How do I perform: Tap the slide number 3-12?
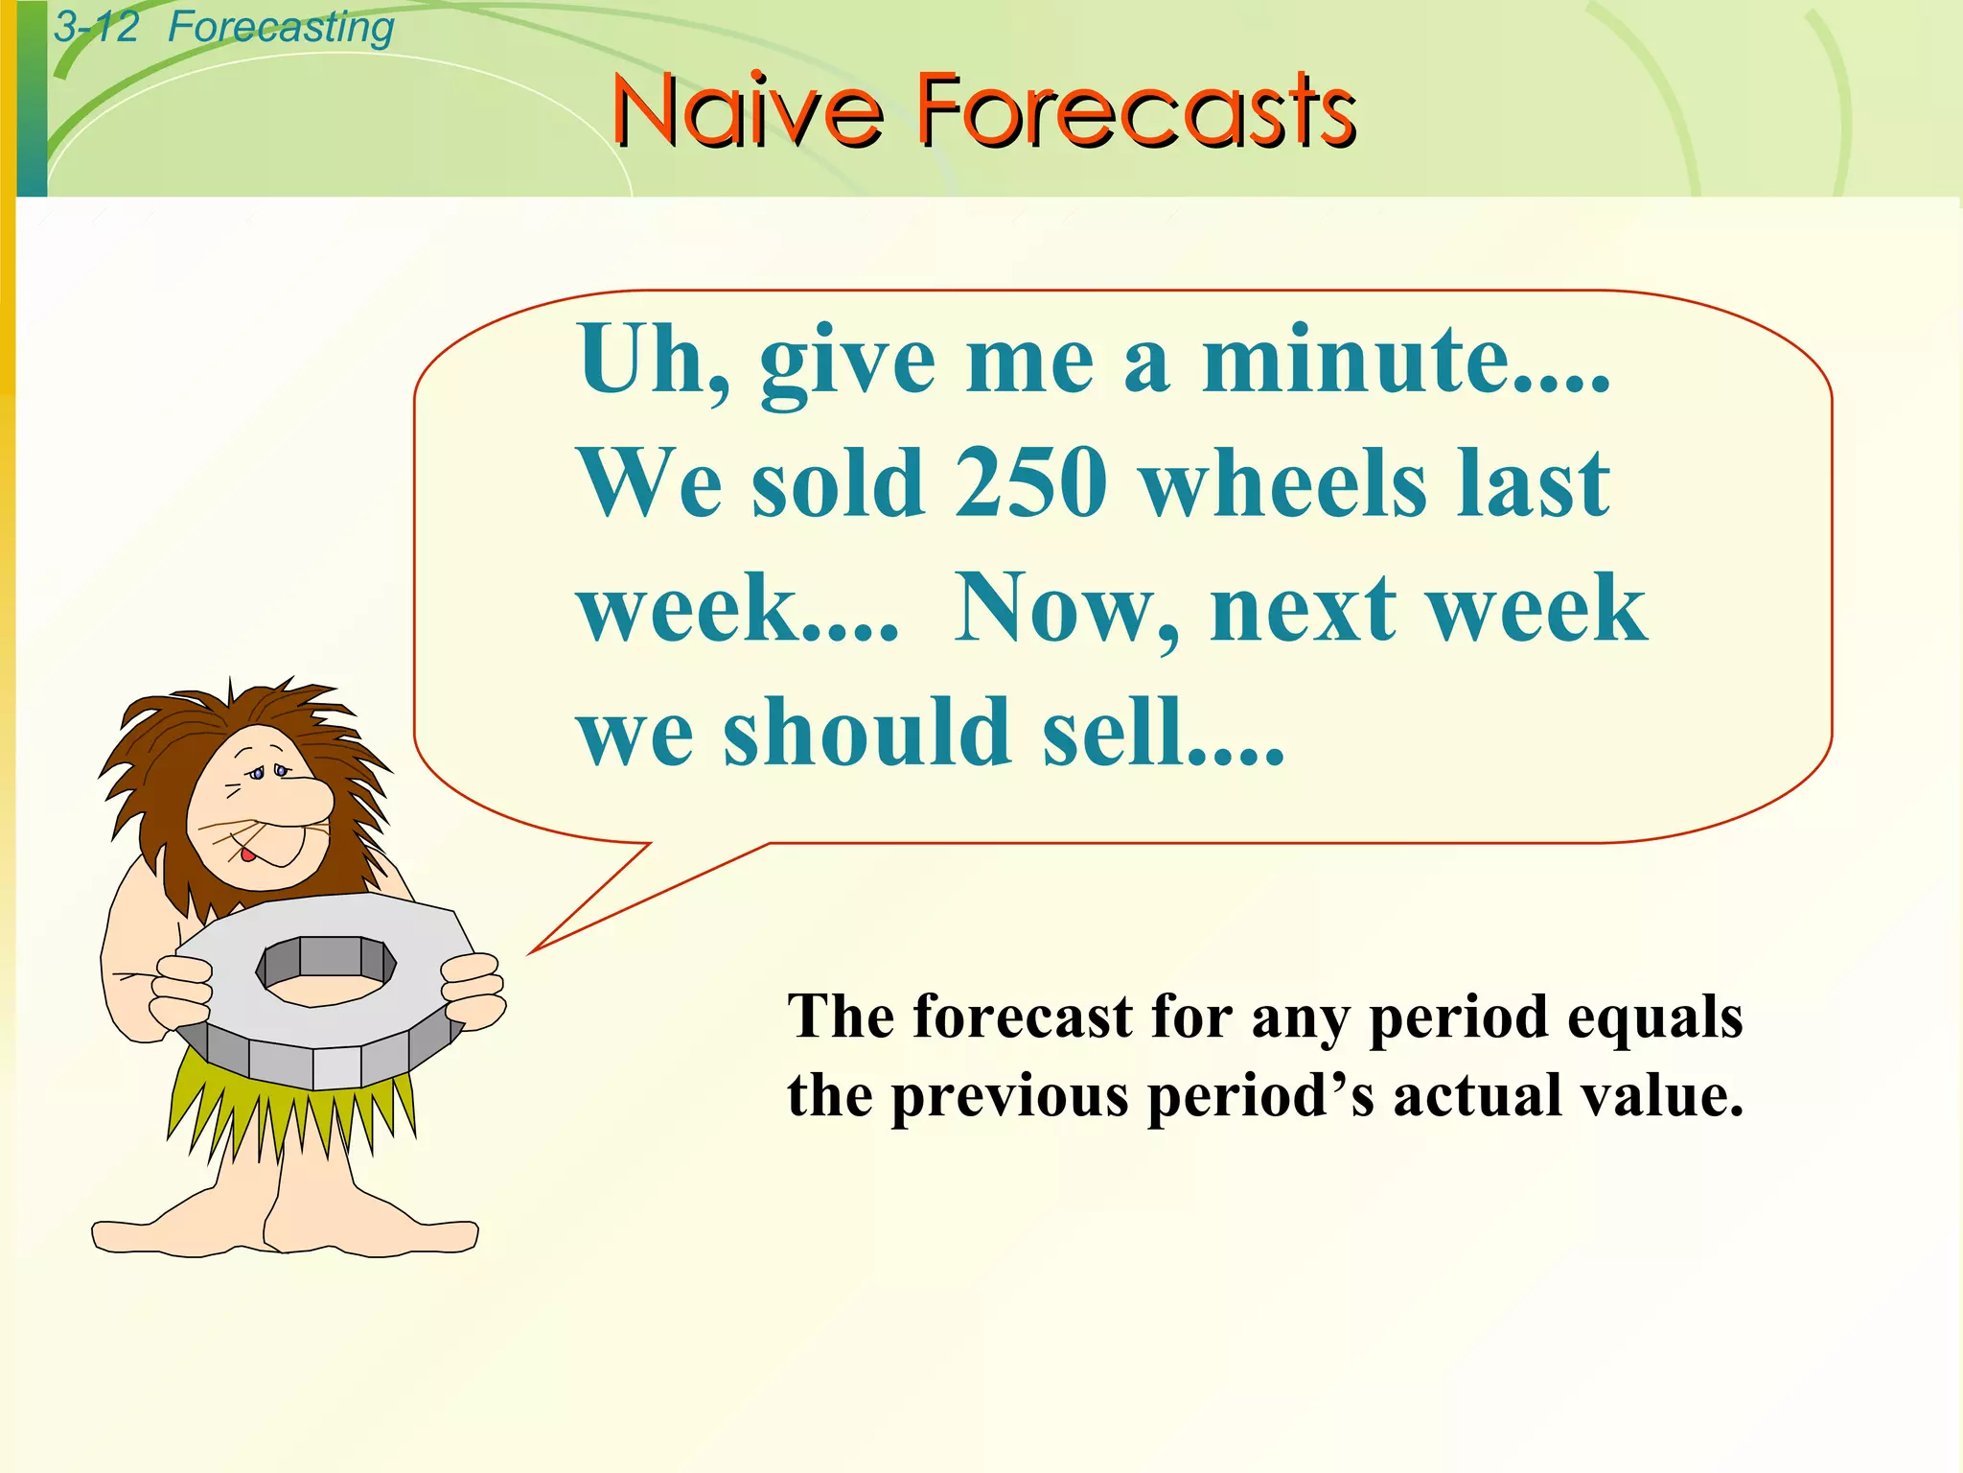tap(96, 27)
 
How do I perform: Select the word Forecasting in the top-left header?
tap(281, 27)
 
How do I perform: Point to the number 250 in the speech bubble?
tap(1030, 484)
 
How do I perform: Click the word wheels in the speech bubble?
tap(1284, 484)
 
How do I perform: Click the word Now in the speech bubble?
tap(1059, 609)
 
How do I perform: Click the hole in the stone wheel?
tap(326, 973)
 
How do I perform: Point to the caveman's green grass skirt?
tap(288, 1112)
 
